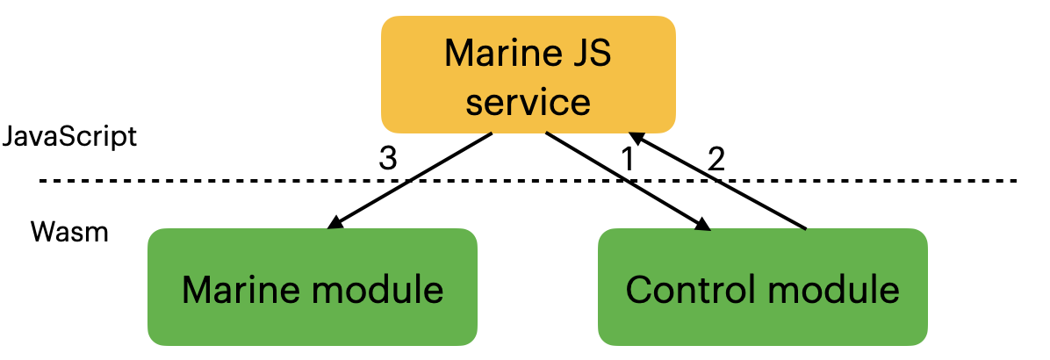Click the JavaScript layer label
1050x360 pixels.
69,137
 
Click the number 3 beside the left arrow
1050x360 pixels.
387,159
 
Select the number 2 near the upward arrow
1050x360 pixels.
716,159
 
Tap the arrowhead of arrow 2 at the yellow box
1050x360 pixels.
637,138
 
